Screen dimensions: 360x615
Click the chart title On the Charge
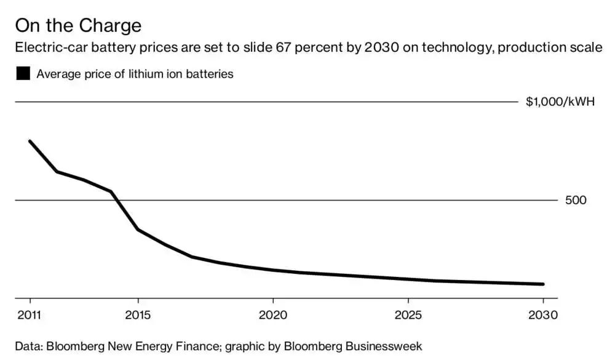pyautogui.click(x=78, y=26)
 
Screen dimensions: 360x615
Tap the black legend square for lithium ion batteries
pyautogui.click(x=23, y=74)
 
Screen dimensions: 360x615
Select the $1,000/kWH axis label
pyautogui.click(x=560, y=102)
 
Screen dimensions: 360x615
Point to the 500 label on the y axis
pyautogui.click(x=576, y=200)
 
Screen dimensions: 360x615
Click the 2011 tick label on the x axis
pyautogui.click(x=30, y=315)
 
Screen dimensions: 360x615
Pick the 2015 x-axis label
pyautogui.click(x=138, y=315)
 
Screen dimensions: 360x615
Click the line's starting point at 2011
pyautogui.click(x=30, y=142)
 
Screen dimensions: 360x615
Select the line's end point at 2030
pyautogui.click(x=543, y=284)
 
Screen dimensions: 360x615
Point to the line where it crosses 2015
pyautogui.click(x=138, y=230)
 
